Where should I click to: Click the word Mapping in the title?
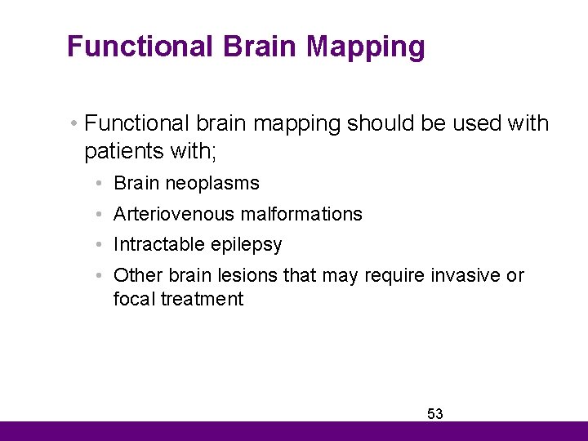[366, 47]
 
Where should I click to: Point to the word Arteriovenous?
[168, 214]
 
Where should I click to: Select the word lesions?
[248, 275]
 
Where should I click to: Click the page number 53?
[435, 414]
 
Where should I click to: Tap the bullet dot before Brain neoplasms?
[97, 184]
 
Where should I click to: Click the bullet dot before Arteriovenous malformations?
[97, 214]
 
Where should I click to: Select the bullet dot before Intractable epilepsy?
[97, 245]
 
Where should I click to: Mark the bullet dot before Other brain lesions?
[97, 275]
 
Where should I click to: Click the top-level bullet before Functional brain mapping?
[73, 124]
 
